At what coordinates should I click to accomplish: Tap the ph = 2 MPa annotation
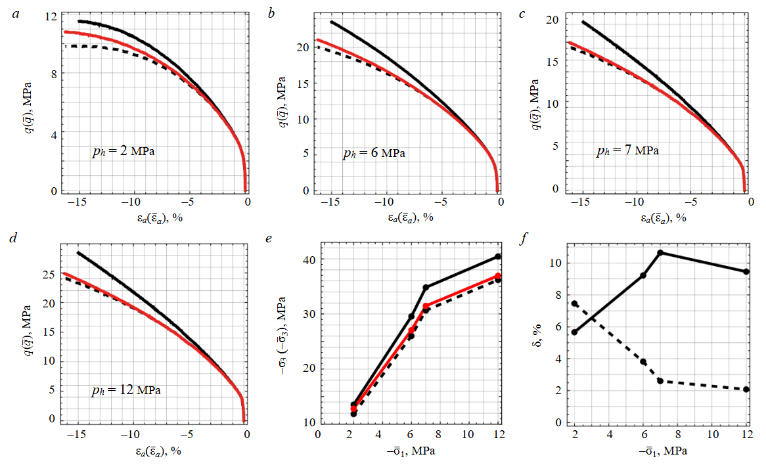pyautogui.click(x=125, y=152)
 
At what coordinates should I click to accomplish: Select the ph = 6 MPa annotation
pyautogui.click(x=374, y=154)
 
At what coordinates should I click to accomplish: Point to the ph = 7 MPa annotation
pyautogui.click(x=627, y=150)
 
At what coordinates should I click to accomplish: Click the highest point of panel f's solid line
pyautogui.click(x=660, y=253)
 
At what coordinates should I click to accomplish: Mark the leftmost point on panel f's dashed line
pyautogui.click(x=575, y=303)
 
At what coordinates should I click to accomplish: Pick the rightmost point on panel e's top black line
pyautogui.click(x=499, y=256)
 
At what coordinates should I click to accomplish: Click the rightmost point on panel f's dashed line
pyautogui.click(x=746, y=390)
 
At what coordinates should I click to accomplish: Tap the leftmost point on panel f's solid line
pyautogui.click(x=575, y=332)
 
